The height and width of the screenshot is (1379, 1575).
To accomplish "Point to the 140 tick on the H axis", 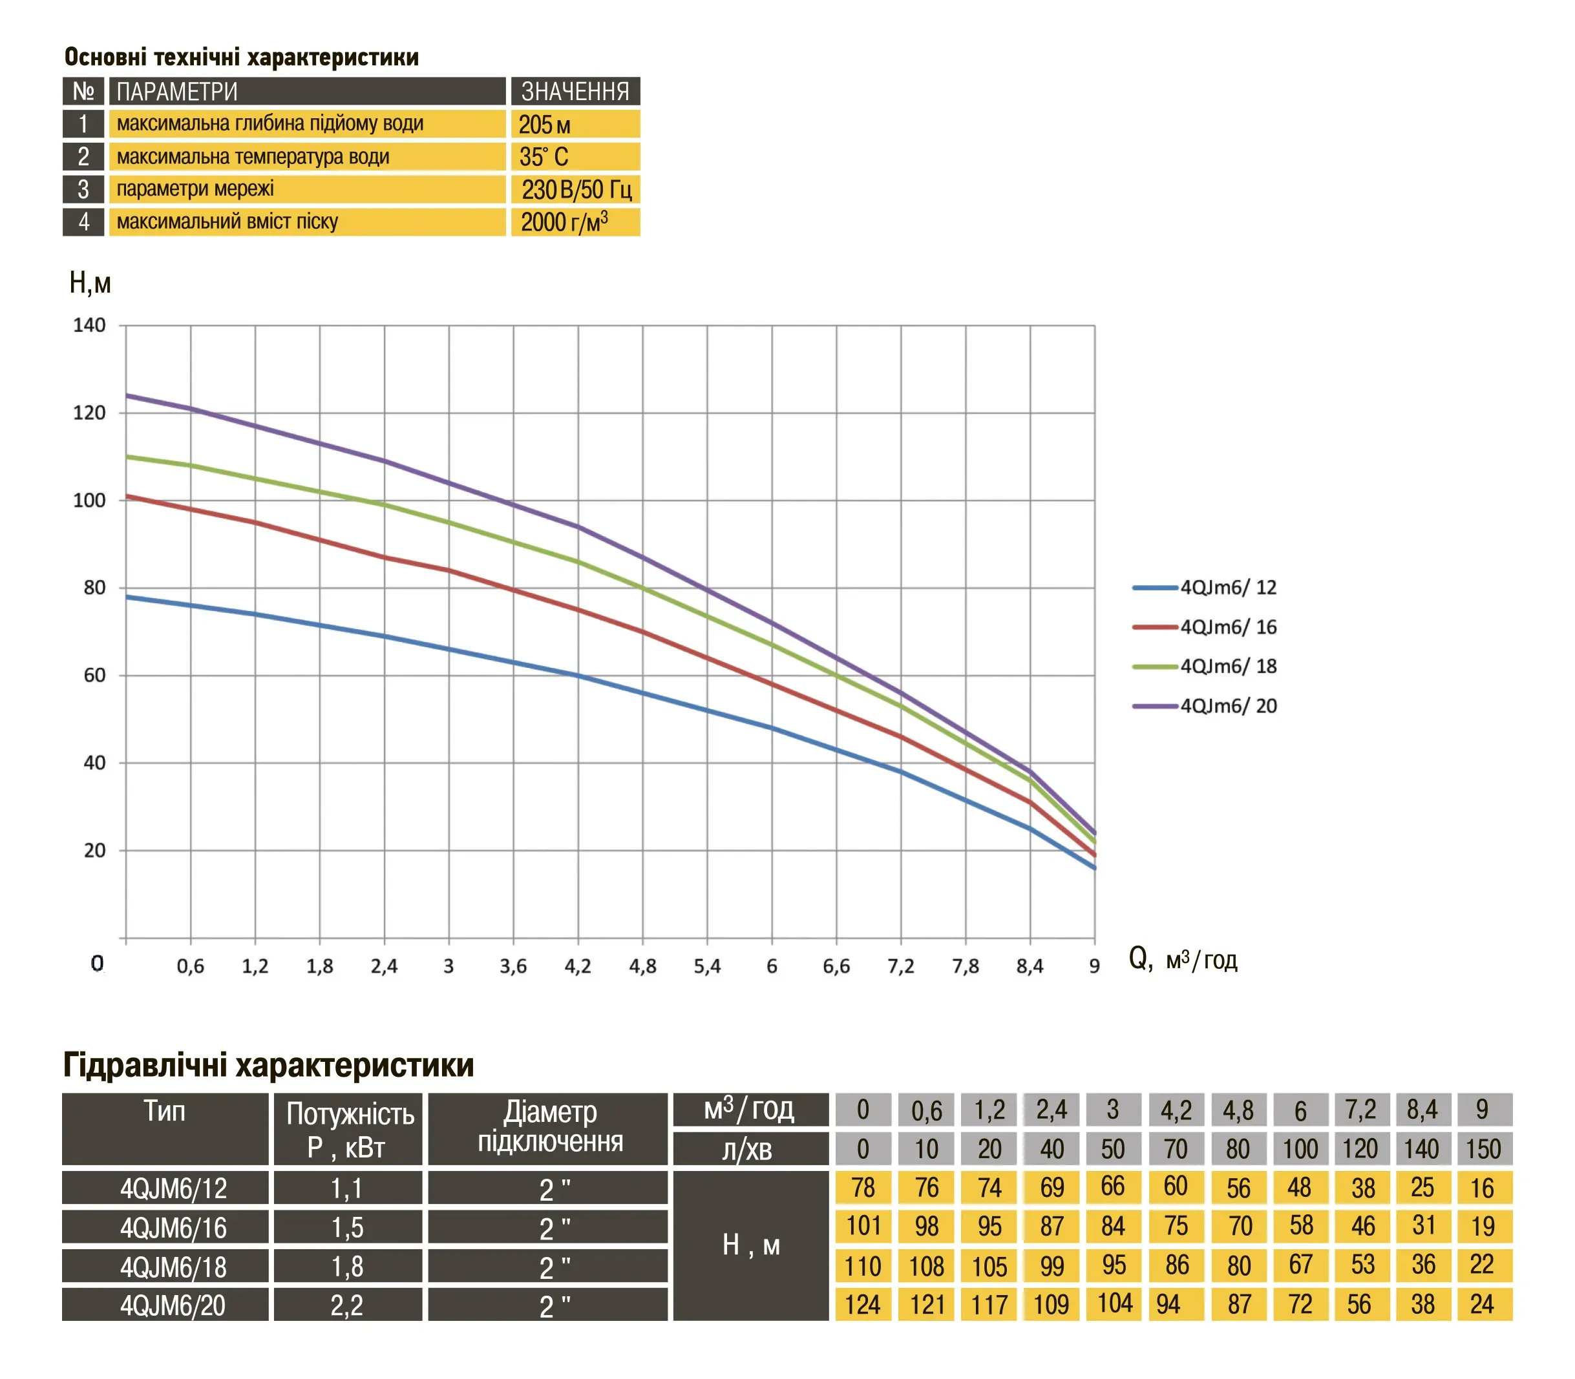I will (x=89, y=326).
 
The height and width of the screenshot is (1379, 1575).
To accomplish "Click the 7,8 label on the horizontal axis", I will (x=966, y=966).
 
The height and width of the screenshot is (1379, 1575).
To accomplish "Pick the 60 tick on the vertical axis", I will (x=94, y=675).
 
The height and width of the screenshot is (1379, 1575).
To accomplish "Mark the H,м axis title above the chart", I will (x=90, y=283).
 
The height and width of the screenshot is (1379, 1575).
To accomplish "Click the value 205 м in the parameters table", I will (x=544, y=124).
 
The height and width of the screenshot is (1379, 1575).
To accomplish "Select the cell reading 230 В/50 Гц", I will (x=576, y=189).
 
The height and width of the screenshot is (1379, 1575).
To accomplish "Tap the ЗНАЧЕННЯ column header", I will (x=575, y=92).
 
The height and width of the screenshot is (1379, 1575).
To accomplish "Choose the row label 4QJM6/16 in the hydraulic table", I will (x=173, y=1227).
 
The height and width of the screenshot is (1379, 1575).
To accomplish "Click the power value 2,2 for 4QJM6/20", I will (x=347, y=1305).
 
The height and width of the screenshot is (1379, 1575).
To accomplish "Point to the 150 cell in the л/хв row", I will (x=1483, y=1148).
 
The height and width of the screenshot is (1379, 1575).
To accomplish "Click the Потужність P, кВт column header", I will (x=350, y=1129).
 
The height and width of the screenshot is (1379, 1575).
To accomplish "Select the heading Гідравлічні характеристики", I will (x=268, y=1065).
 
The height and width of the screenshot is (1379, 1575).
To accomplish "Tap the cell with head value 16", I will (x=1483, y=1188).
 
